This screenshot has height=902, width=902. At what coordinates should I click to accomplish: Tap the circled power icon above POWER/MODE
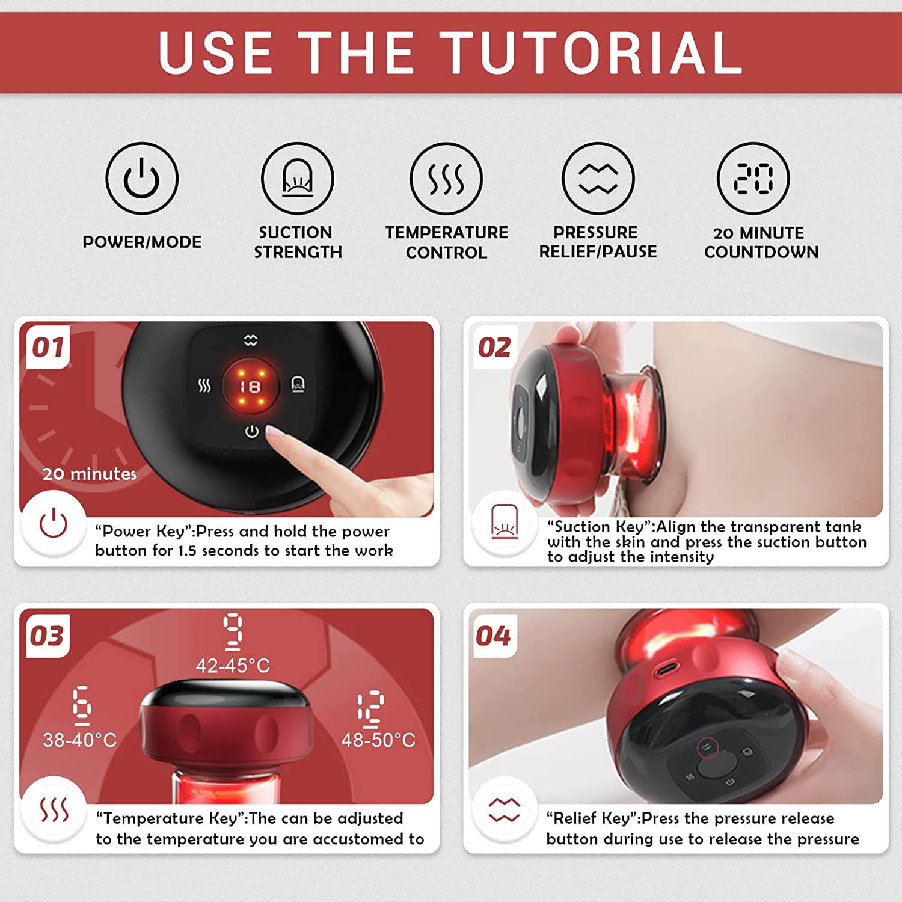142,179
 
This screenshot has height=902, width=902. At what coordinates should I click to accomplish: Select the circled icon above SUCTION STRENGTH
298,179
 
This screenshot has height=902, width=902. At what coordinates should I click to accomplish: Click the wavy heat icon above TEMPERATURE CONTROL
446,179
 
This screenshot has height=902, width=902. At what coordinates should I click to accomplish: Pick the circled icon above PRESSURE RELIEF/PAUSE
598,179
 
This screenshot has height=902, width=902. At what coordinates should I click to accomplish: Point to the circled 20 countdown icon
753,179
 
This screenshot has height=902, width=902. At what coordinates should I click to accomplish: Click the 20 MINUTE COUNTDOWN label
761,242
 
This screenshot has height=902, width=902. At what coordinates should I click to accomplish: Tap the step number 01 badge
48,347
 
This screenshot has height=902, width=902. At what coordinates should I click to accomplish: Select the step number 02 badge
494,347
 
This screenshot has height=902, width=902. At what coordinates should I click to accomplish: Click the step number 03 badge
47,636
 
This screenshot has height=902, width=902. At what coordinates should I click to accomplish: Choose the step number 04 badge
493,636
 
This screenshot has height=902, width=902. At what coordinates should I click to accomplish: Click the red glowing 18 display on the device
250,387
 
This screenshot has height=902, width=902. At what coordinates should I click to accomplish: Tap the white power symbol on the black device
251,431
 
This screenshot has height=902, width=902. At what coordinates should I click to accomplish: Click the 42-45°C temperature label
233,666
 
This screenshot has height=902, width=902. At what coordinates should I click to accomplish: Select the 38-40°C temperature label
79,740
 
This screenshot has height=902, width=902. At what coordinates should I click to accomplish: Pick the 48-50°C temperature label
378,740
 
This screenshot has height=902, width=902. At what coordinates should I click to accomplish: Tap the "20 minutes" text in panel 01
90,474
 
